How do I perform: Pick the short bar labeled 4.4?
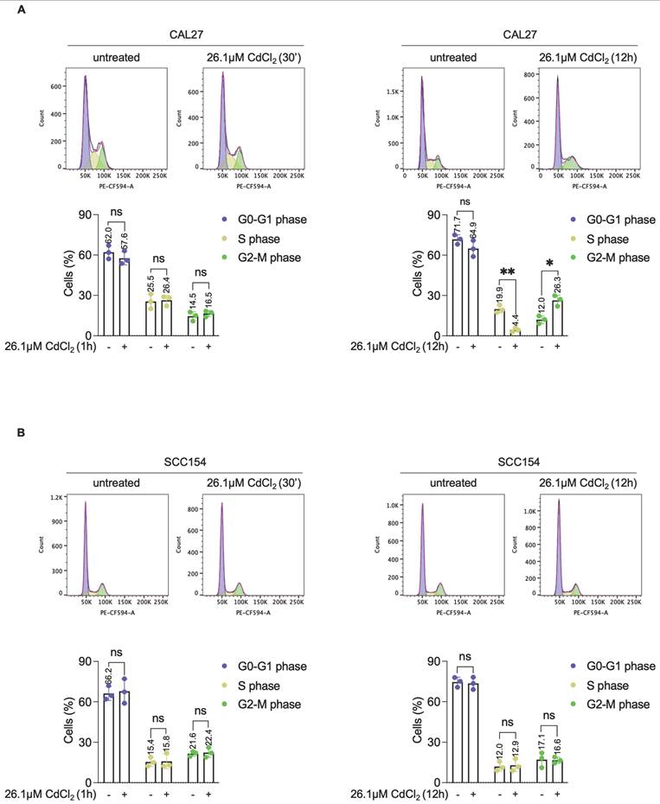tap(516, 332)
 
